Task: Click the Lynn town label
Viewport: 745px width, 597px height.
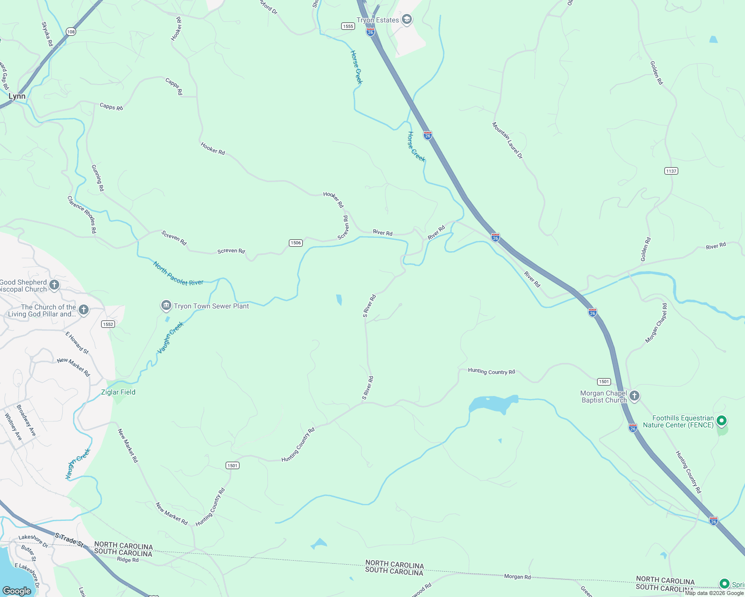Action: click(17, 97)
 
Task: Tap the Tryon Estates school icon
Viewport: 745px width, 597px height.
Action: click(407, 20)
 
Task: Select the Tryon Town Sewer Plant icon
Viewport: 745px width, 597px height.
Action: click(166, 305)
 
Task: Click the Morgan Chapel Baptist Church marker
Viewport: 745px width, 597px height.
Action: click(634, 396)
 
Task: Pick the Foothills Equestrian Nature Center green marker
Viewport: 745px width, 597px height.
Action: click(721, 422)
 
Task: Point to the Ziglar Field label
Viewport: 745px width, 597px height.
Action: click(118, 392)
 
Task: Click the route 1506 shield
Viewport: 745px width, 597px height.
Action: click(296, 243)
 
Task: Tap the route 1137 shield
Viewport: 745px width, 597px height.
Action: click(671, 171)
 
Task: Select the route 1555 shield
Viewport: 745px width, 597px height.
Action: click(348, 26)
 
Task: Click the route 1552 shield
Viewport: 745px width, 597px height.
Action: click(108, 324)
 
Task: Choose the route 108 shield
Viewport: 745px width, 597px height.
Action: click(71, 32)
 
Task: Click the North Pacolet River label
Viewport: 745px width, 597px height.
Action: click(178, 274)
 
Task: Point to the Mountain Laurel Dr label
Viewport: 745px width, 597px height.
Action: click(507, 140)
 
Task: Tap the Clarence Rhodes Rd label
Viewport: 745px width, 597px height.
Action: click(82, 214)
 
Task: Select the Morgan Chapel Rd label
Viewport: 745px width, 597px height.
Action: click(656, 323)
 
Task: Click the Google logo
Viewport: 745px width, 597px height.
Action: click(17, 591)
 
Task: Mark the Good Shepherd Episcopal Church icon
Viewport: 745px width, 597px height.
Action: click(54, 285)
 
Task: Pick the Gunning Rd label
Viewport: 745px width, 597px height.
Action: click(98, 178)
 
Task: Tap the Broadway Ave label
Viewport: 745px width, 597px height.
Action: click(26, 420)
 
